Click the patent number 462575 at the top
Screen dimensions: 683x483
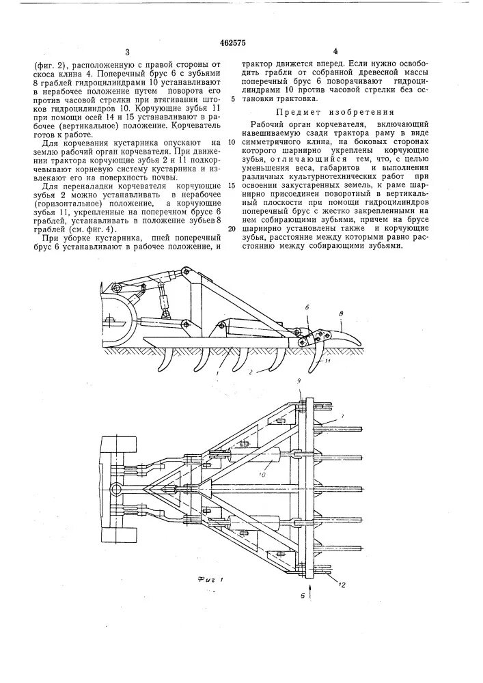click(x=241, y=38)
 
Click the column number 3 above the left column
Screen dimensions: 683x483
click(x=127, y=52)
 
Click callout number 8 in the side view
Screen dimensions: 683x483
click(x=341, y=311)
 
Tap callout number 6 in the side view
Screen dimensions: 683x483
click(x=308, y=308)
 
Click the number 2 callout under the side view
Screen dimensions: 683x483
click(x=251, y=374)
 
